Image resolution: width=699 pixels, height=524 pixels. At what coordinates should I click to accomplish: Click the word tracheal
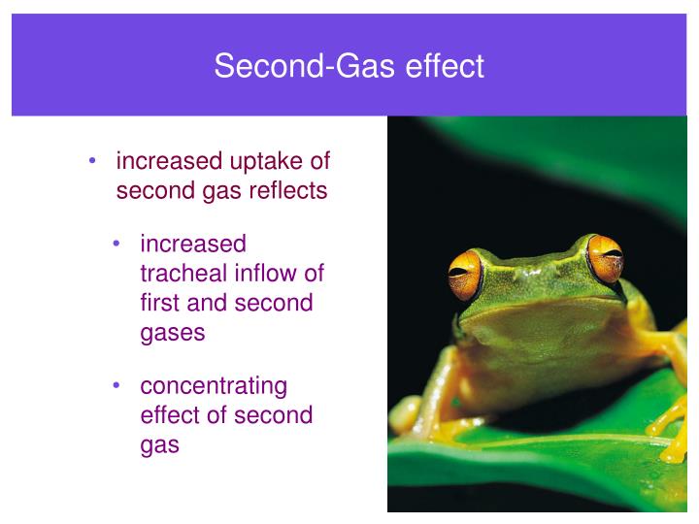coord(182,274)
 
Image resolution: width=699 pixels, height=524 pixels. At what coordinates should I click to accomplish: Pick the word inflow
coord(265,274)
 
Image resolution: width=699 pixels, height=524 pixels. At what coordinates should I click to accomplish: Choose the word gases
coord(173,332)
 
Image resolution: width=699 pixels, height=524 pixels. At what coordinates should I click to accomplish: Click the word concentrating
coord(214,386)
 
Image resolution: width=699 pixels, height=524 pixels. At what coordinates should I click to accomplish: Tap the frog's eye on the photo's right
coord(604,258)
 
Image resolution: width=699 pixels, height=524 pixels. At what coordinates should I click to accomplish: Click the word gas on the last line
coord(160,445)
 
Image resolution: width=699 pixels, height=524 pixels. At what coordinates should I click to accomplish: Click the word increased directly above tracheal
coord(193,245)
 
